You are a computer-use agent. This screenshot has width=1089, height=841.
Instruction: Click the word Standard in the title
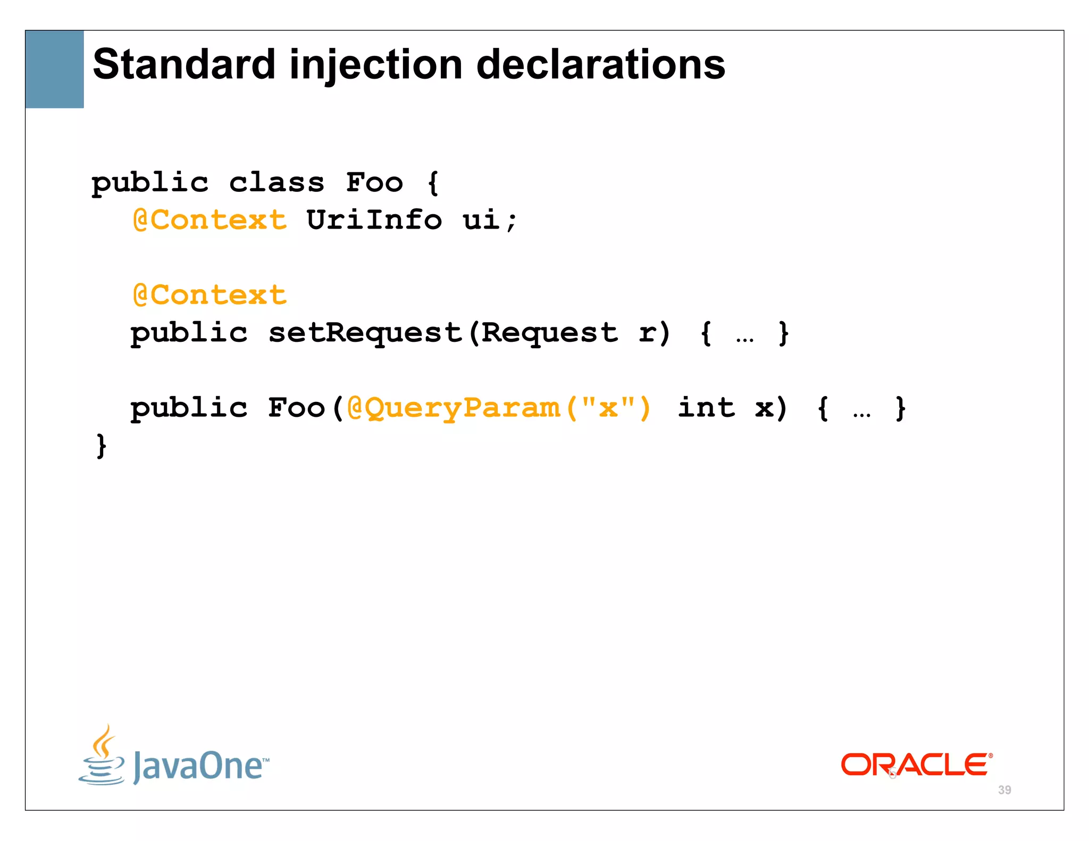coord(183,64)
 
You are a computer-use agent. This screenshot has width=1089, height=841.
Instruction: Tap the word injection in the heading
coord(375,65)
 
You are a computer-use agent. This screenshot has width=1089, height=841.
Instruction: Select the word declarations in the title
coord(600,64)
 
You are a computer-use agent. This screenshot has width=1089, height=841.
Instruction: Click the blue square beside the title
coord(55,69)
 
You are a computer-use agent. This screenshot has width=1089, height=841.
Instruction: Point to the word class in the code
coord(277,183)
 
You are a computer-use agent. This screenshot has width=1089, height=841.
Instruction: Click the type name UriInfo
coord(374,220)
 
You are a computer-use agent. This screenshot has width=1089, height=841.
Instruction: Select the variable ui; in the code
coord(489,220)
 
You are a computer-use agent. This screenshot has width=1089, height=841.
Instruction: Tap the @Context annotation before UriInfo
coord(210,220)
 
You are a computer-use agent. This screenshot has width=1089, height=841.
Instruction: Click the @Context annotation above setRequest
coord(210,295)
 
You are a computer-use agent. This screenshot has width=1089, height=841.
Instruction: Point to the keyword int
coord(706,408)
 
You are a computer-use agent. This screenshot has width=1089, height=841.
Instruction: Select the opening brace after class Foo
coord(433,183)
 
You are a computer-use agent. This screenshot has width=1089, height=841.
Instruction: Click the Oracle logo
coord(916,765)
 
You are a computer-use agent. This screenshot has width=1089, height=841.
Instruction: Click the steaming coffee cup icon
coord(102,755)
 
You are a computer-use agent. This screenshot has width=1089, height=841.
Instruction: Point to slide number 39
coord(1004,790)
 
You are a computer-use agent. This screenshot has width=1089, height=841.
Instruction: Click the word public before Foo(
coord(189,408)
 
